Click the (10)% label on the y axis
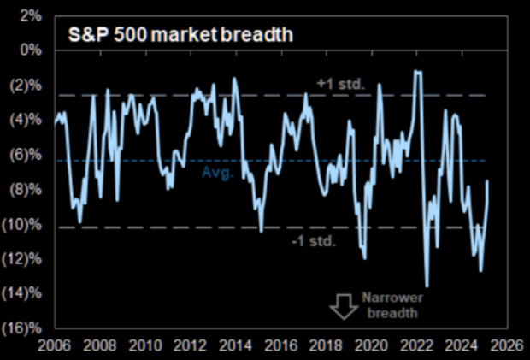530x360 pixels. [23, 226]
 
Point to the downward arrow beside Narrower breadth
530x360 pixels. [345, 306]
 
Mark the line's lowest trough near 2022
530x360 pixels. [427, 286]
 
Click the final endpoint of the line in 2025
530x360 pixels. [487, 180]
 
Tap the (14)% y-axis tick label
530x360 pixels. [23, 295]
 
